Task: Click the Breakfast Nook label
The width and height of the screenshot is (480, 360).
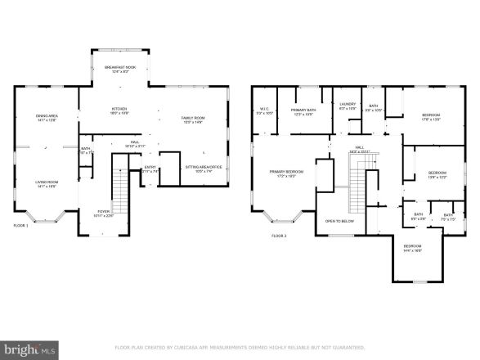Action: [x=120, y=69]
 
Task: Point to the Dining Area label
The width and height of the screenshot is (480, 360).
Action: [x=46, y=117]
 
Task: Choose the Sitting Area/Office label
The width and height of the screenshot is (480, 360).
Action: [x=203, y=170]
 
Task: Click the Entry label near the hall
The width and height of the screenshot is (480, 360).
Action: [x=150, y=169]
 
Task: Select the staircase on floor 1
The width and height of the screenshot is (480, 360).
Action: [x=120, y=191]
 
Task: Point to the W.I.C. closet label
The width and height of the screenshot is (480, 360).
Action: [x=264, y=110]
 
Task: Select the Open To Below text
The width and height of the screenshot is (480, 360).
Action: [x=339, y=221]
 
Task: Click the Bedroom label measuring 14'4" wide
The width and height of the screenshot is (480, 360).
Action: [x=412, y=248]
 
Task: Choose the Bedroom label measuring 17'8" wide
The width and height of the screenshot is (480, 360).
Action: [x=431, y=115]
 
